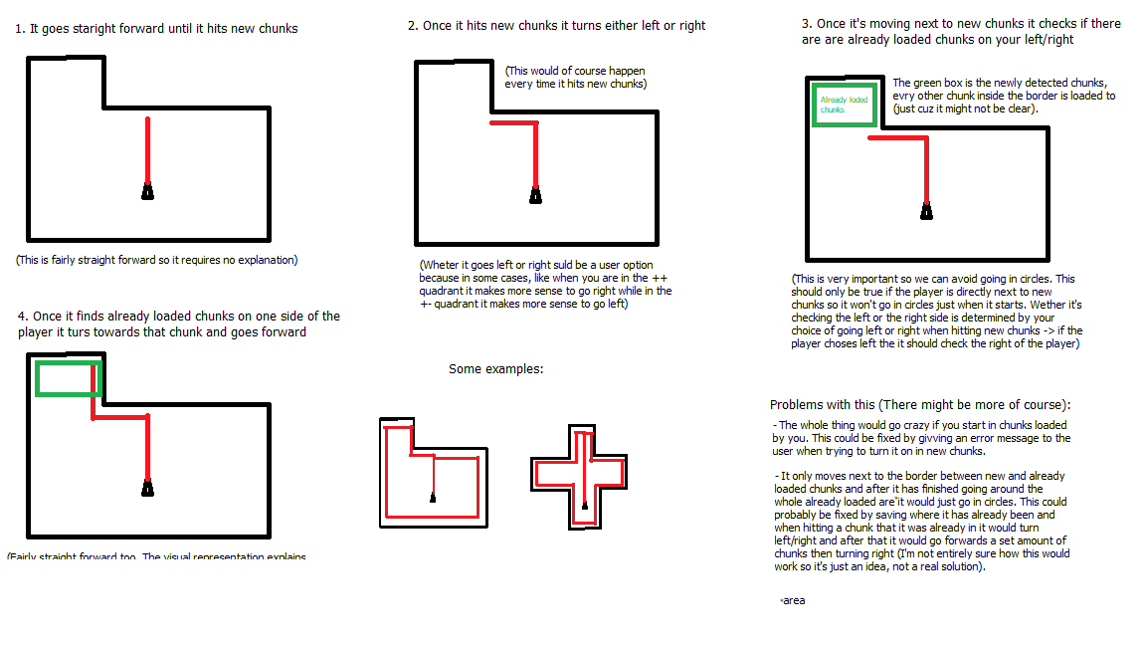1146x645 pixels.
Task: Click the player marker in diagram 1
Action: [147, 191]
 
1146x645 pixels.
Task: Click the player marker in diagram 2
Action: [535, 195]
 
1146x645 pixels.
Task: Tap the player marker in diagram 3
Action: [926, 210]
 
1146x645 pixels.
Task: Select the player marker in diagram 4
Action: [147, 488]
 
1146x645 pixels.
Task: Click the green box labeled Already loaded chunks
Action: [845, 105]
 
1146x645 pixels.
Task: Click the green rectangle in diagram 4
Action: [69, 378]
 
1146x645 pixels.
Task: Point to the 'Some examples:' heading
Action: [496, 369]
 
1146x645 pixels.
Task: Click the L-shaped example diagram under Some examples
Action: [434, 473]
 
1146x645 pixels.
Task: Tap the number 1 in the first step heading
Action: [19, 30]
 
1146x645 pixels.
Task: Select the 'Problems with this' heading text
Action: [919, 405]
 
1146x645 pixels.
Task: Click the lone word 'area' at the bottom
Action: [793, 601]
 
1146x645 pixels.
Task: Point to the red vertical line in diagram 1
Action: [147, 149]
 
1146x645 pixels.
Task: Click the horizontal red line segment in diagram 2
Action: [512, 123]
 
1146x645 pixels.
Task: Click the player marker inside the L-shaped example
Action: [433, 497]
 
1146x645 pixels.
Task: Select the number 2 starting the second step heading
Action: [412, 26]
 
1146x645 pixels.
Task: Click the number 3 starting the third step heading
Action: [806, 23]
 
